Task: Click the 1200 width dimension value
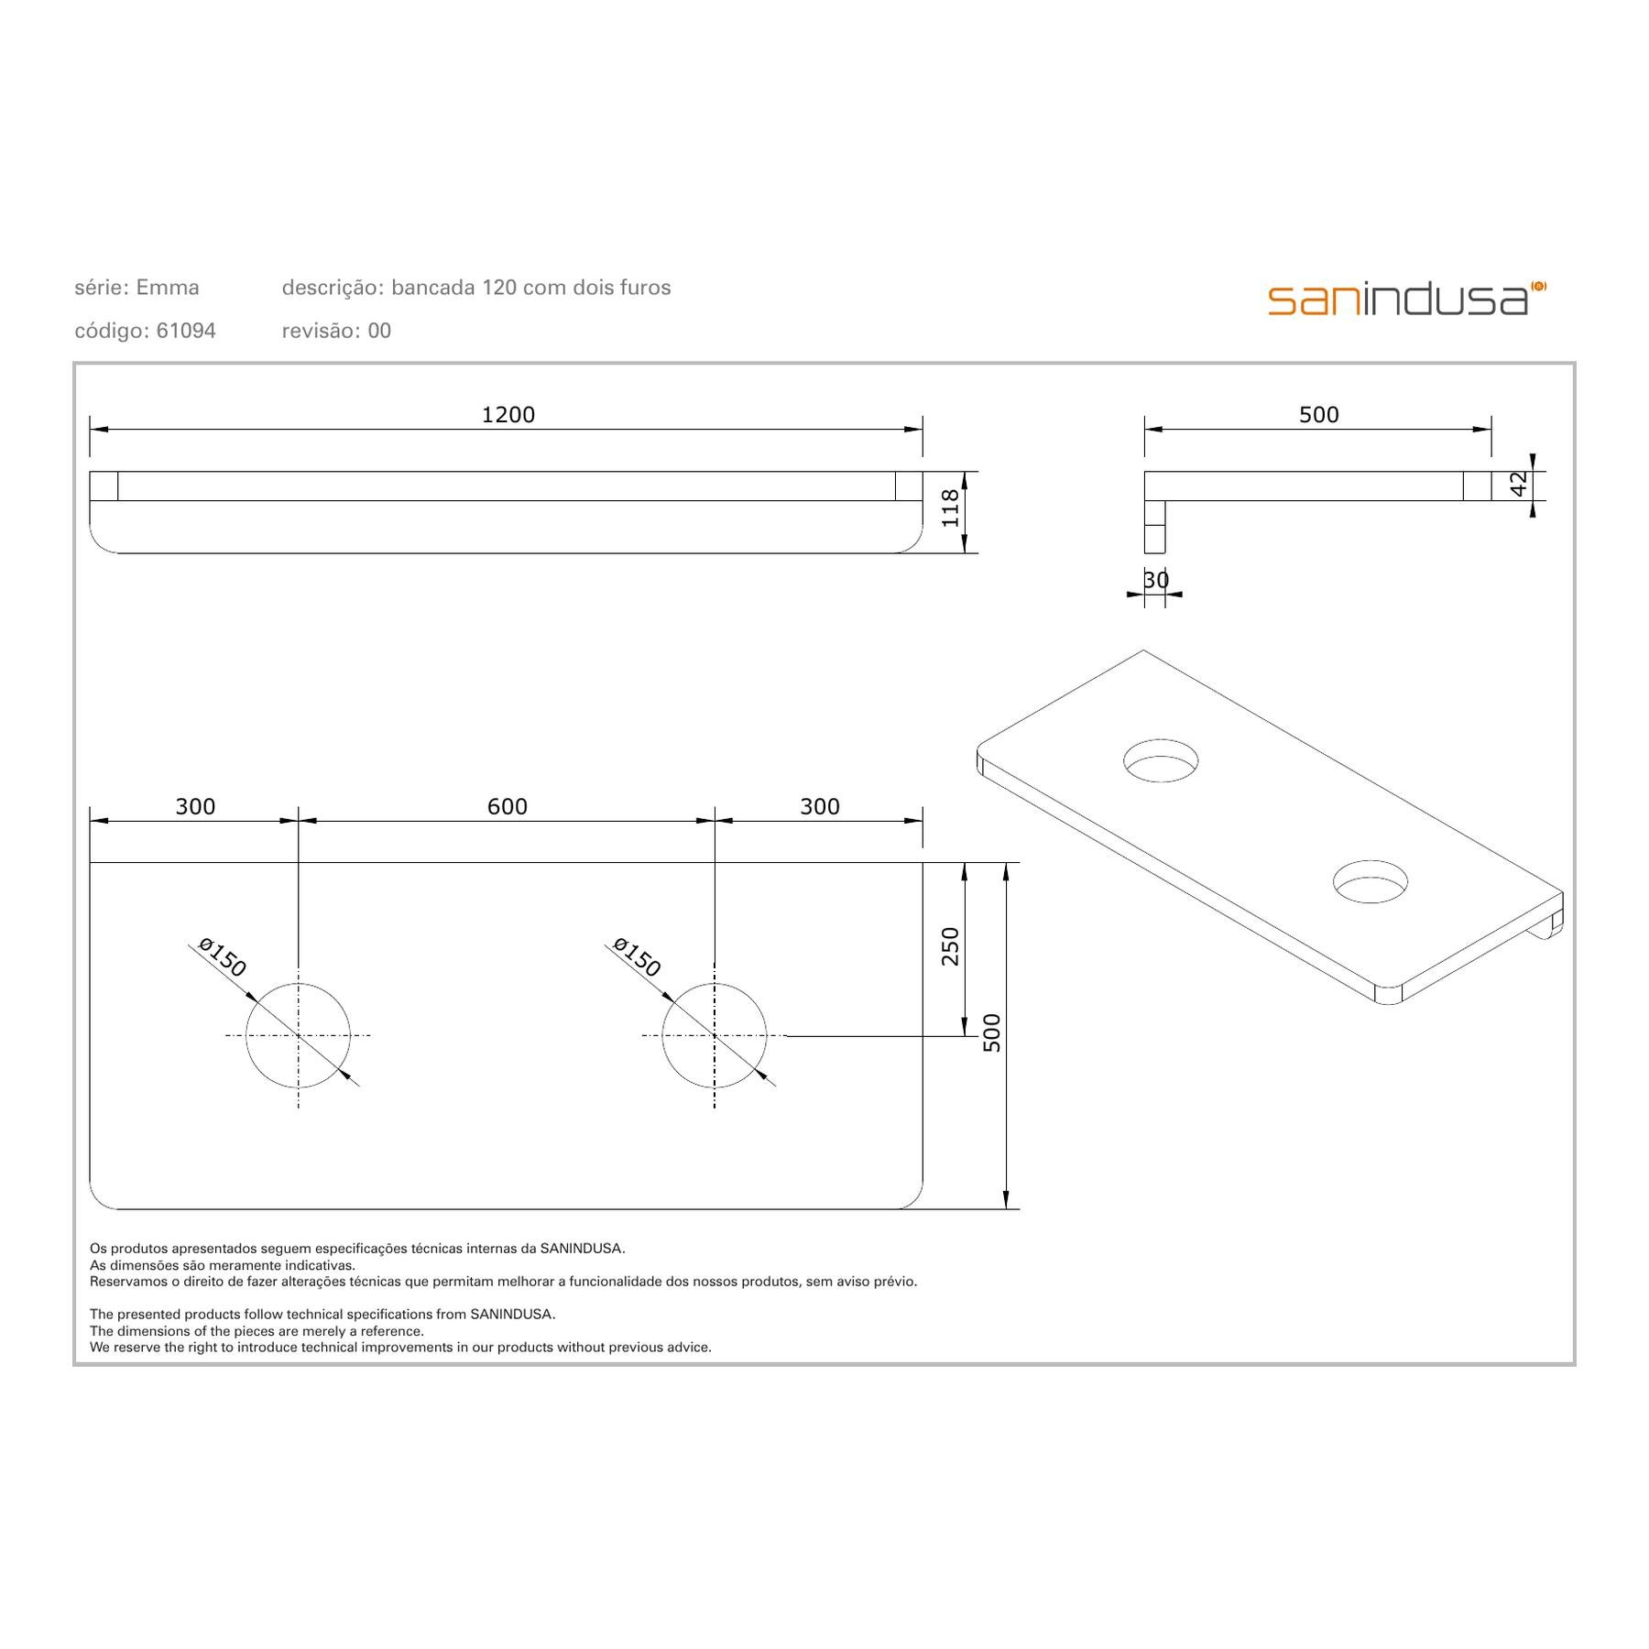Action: point(508,415)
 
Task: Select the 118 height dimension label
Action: point(950,508)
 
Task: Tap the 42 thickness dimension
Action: point(1519,484)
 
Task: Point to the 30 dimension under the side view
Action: point(1156,580)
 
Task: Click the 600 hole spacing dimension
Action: point(508,806)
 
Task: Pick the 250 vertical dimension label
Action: point(950,946)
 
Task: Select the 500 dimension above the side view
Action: point(1319,415)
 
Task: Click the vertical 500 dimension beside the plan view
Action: point(991,1032)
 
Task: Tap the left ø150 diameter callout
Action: point(222,957)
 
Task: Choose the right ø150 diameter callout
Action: point(637,957)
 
